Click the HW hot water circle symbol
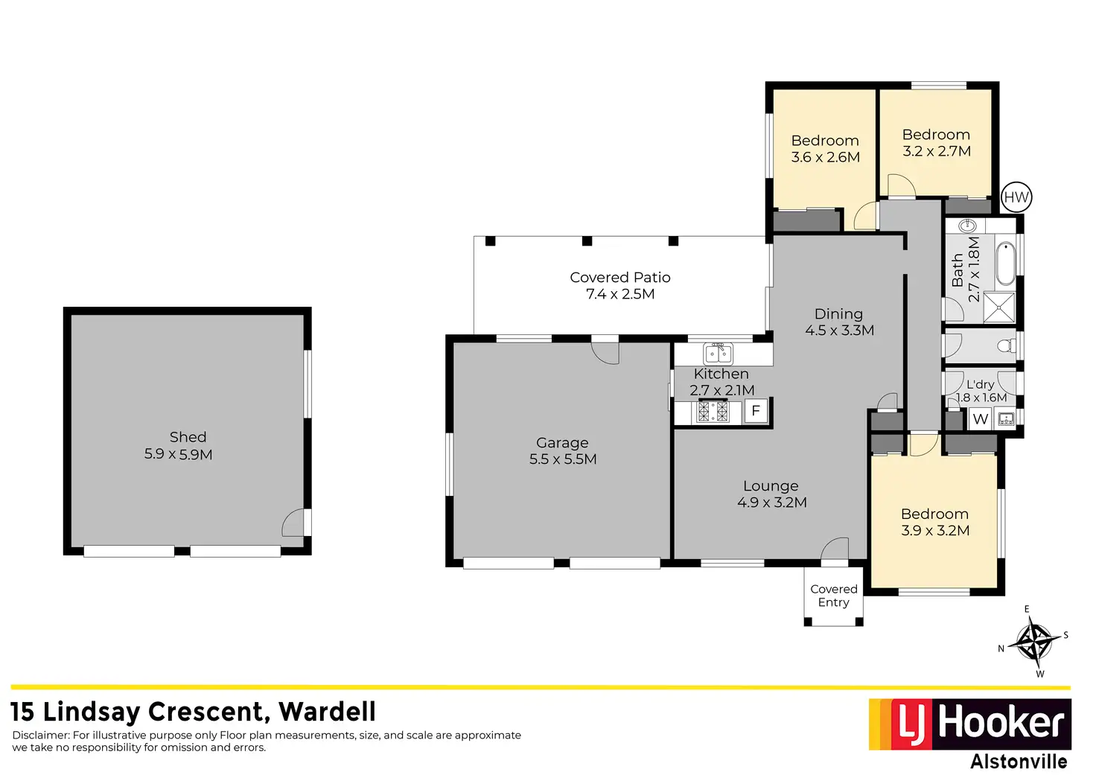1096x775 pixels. click(x=1016, y=197)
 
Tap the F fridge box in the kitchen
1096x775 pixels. click(x=756, y=411)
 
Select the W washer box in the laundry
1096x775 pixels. click(x=980, y=419)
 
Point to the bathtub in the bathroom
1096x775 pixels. click(x=1004, y=263)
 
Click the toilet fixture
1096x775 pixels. click(x=1005, y=345)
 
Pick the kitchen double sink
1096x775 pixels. click(x=719, y=353)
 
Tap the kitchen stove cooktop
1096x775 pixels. click(x=713, y=412)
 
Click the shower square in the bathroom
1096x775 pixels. click(x=998, y=307)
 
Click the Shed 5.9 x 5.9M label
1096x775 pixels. click(x=179, y=445)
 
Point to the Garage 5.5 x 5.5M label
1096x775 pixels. click(x=563, y=451)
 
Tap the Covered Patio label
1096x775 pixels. click(x=620, y=285)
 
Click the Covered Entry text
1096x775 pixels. click(x=834, y=596)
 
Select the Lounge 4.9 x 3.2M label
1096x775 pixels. click(x=771, y=494)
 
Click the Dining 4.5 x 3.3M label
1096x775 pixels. click(x=839, y=322)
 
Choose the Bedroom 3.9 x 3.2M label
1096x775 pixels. click(x=935, y=522)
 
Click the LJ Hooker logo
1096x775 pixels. click(x=969, y=724)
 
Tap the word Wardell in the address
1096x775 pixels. click(x=327, y=712)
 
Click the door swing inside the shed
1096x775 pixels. click(x=293, y=523)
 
